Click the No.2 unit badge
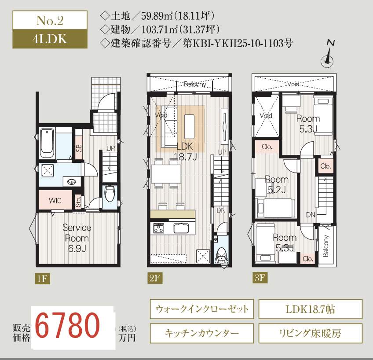click(x=49, y=20)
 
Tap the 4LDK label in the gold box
click(x=49, y=38)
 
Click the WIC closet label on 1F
click(x=55, y=201)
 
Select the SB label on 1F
click(x=79, y=148)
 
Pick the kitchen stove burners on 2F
click(x=158, y=228)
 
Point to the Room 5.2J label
click(x=277, y=184)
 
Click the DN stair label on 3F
click(x=311, y=215)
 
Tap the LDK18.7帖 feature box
click(x=310, y=309)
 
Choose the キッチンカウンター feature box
click(x=202, y=333)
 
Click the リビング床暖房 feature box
click(x=310, y=333)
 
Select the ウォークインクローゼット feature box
click(x=202, y=309)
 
